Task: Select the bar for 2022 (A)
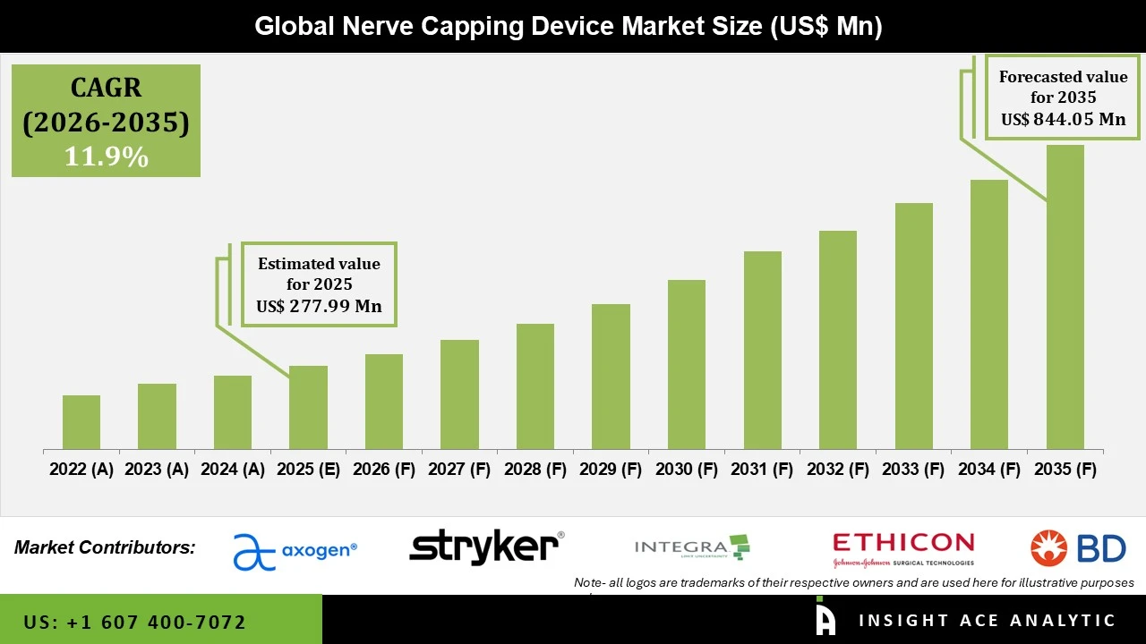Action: (x=81, y=422)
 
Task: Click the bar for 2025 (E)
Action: (x=308, y=407)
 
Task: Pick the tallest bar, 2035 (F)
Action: (x=1065, y=297)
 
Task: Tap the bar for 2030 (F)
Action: (x=687, y=364)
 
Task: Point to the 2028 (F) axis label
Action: (x=535, y=470)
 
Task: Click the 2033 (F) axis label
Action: (x=913, y=470)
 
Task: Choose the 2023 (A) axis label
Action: (x=157, y=470)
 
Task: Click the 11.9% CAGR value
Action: (x=106, y=157)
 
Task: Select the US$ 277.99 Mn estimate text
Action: (x=319, y=306)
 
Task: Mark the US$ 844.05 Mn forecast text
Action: (x=1063, y=119)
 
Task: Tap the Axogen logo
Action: (x=295, y=551)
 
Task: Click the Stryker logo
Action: (x=486, y=547)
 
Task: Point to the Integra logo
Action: (x=691, y=547)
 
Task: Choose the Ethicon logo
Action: (x=902, y=548)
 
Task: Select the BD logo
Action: (x=1078, y=547)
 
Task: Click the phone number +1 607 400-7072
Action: (x=134, y=622)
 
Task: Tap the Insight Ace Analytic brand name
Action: (x=987, y=621)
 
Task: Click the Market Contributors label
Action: (x=105, y=547)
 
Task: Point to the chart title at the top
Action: (x=569, y=26)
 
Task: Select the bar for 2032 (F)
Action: (x=838, y=340)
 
